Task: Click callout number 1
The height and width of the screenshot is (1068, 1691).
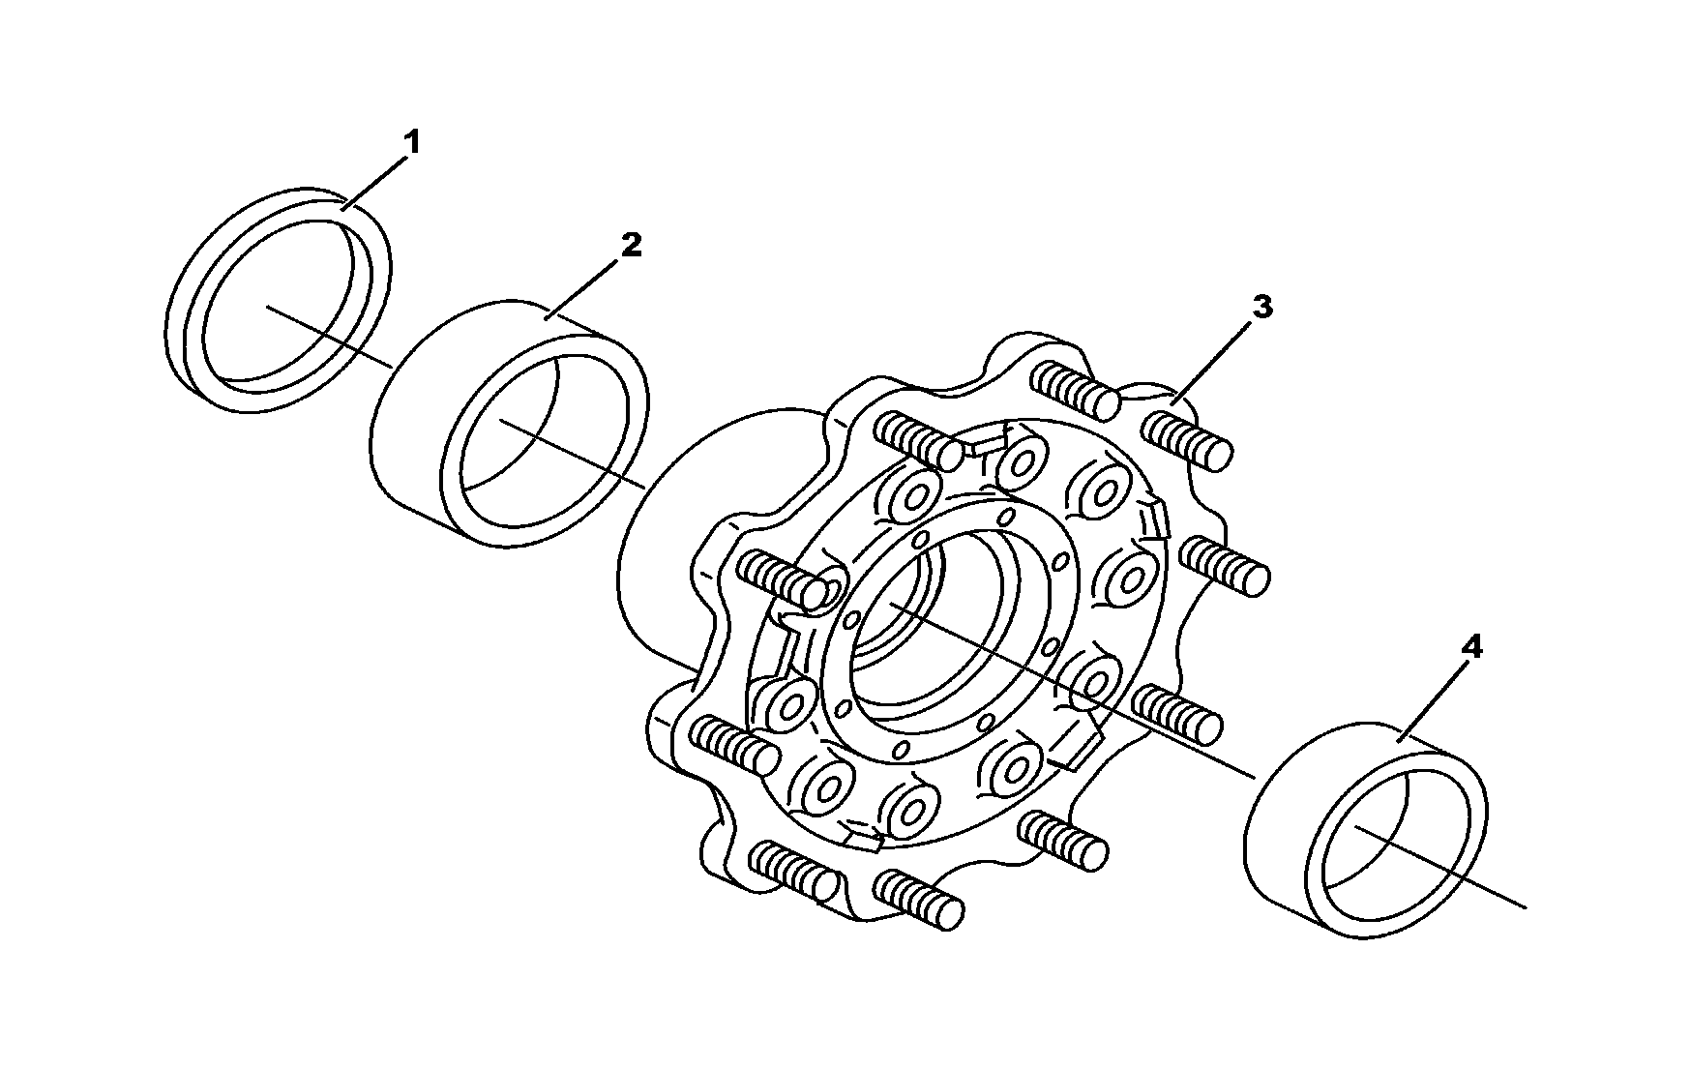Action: pyautogui.click(x=412, y=144)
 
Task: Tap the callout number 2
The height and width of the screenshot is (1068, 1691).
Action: pyautogui.click(x=631, y=246)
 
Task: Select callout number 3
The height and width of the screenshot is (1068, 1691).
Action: pyautogui.click(x=1262, y=308)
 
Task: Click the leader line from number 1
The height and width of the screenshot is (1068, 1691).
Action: pyautogui.click(x=375, y=183)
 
